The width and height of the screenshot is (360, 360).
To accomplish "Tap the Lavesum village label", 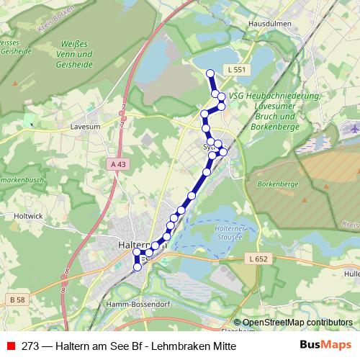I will point(85,125).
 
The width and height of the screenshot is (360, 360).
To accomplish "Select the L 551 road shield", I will point(235,69).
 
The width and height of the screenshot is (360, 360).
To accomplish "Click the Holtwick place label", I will point(29,215).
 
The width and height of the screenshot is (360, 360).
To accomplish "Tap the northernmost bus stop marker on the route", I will point(210,73).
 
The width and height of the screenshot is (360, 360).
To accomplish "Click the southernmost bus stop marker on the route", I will point(138,268).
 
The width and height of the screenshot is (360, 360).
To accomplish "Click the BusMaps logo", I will point(325,345).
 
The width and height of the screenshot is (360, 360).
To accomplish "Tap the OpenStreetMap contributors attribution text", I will point(297,323).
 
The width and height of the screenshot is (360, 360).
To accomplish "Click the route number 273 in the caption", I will point(30,346).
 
